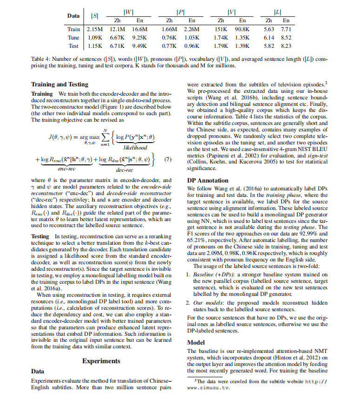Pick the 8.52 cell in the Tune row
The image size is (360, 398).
click(x=286, y=37)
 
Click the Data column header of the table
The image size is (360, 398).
click(x=73, y=16)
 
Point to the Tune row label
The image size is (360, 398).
click(x=73, y=37)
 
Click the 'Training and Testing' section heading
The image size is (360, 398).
click(x=59, y=84)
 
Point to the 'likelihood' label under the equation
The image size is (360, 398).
click(x=135, y=148)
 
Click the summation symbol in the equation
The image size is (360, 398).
click(x=105, y=137)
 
